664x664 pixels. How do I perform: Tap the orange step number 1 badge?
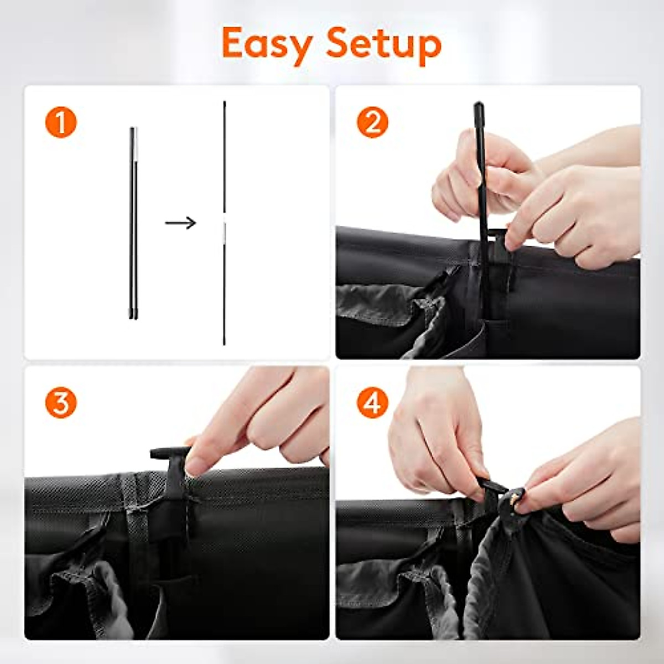pos(61,122)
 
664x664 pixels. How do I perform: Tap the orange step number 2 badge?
pos(372,122)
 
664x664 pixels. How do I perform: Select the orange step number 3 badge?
pos(61,402)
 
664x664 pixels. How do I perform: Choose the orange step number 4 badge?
pos(372,402)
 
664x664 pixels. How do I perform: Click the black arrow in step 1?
pos(180,223)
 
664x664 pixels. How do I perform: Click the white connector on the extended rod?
pos(224,230)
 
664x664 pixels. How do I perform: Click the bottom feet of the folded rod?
pos(133,316)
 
